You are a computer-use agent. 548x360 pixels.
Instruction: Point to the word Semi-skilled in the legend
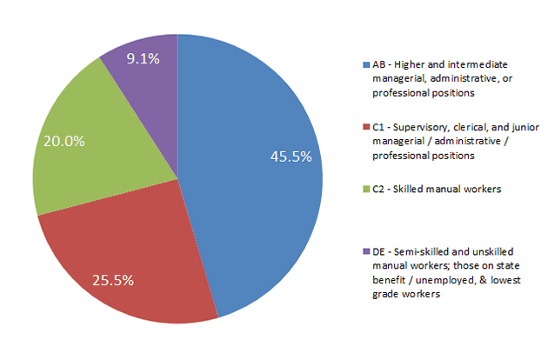[418, 250]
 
